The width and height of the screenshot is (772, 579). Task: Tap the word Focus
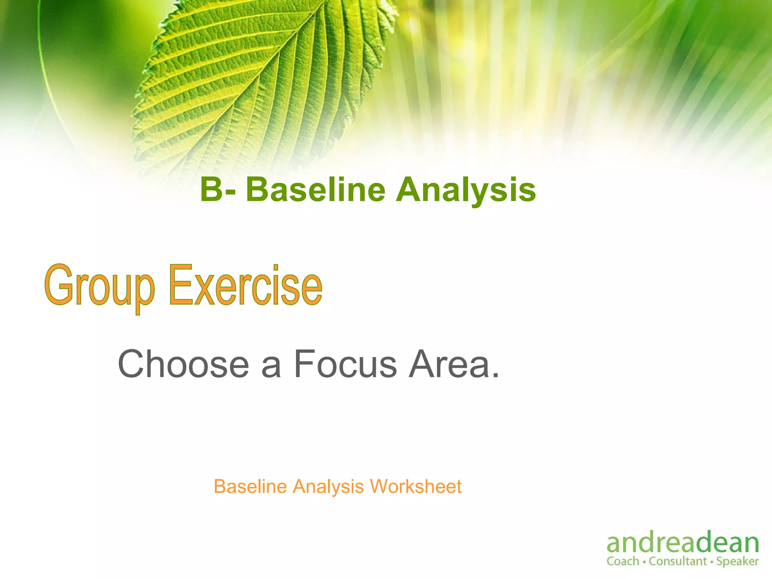coord(345,364)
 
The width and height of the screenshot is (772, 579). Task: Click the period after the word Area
coord(495,375)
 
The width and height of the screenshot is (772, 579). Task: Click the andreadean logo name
coord(683,543)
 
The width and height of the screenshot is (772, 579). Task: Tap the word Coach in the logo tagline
coord(623,561)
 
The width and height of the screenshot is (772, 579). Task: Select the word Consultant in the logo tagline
coord(678,561)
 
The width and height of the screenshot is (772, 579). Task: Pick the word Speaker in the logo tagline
coord(737,562)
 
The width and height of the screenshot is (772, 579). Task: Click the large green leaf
coord(260,75)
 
